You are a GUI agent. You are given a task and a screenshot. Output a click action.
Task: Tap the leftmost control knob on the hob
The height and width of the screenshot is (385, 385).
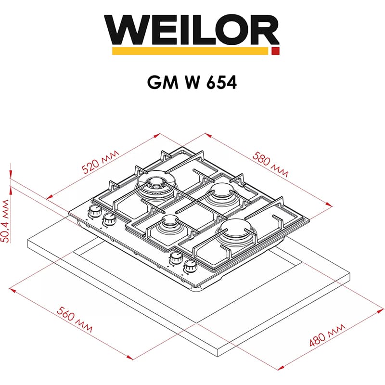pyautogui.click(x=93, y=211)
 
